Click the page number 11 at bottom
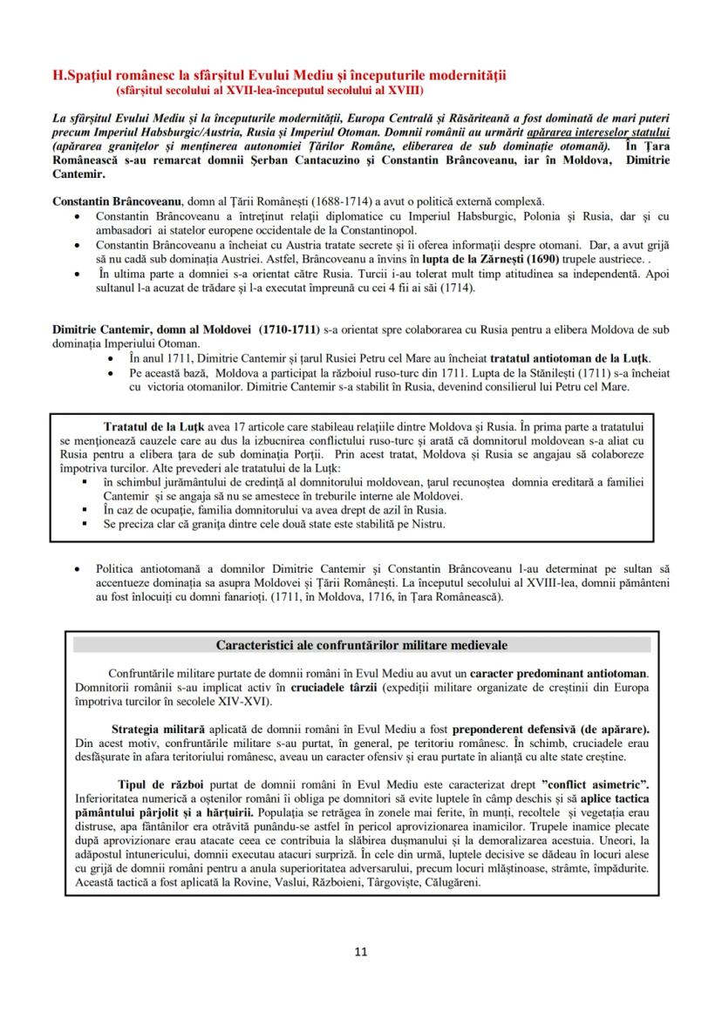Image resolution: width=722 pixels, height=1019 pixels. coord(361,951)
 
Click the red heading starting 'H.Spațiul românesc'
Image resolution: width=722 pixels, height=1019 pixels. coord(279,76)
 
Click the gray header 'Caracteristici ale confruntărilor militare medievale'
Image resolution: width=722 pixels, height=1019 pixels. coord(361,645)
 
